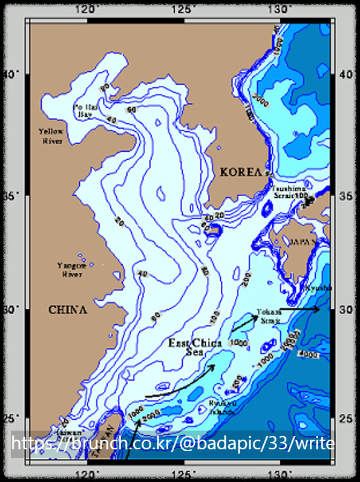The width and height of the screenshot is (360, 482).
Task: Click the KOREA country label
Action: tap(240, 172)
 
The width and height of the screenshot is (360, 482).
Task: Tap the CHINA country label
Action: tap(68, 310)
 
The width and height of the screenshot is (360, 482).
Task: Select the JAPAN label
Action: tap(302, 241)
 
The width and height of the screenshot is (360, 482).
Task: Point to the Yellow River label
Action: tap(51, 136)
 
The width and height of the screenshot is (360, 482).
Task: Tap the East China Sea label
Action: tap(195, 347)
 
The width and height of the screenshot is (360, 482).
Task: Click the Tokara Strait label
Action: tap(267, 316)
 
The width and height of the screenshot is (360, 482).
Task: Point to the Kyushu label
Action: tap(319, 288)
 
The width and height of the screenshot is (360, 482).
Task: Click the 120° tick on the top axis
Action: tap(90, 9)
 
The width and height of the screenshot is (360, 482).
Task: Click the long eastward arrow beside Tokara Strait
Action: tap(300, 309)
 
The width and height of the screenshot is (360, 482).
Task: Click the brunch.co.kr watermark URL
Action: tap(172, 445)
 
